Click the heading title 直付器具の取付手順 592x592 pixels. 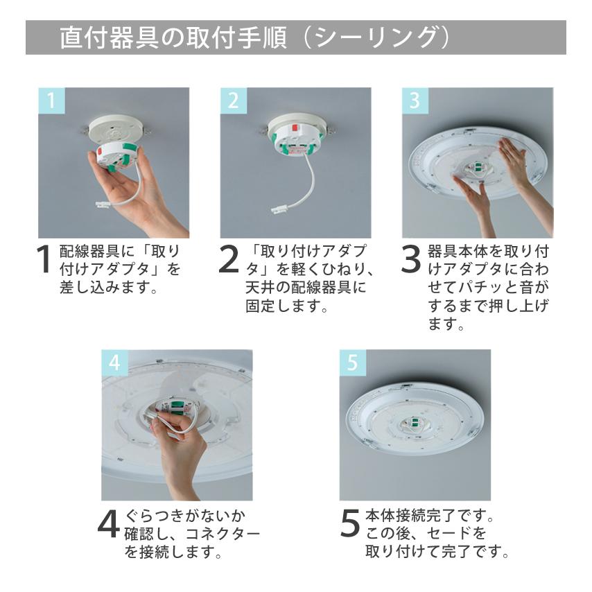click(173, 37)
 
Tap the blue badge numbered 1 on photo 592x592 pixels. click(50, 101)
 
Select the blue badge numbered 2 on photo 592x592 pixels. click(232, 101)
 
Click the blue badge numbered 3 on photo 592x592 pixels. click(415, 101)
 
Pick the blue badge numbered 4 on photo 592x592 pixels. click(114, 362)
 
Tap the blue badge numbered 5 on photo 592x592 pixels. click(352, 362)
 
